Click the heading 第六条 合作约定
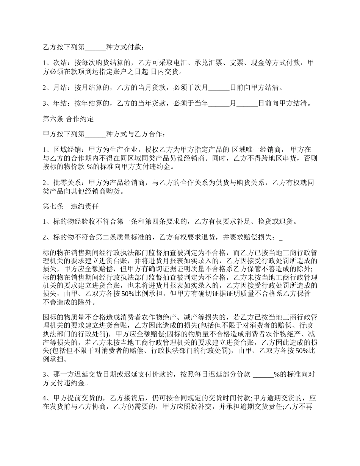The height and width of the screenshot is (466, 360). (68, 119)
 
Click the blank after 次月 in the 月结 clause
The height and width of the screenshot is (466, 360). (219, 88)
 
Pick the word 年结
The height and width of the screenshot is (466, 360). (59, 103)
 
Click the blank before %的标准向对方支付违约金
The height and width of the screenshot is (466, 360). (263, 375)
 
